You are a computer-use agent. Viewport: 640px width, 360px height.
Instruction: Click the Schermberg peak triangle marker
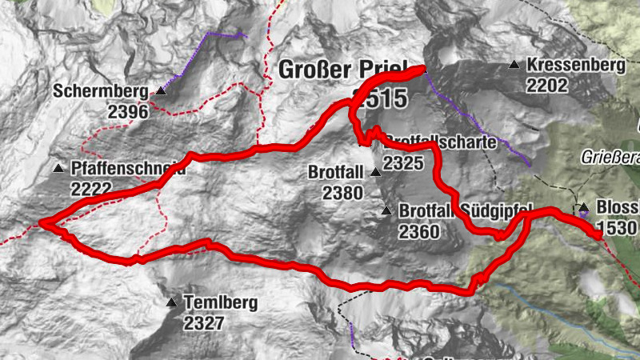160,91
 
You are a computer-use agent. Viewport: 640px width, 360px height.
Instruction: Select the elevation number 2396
128,112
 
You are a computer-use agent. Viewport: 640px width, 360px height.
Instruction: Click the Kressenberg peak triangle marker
514,65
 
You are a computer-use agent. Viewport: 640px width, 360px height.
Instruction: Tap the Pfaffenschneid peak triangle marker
59,169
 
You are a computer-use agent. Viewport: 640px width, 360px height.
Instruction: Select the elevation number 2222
92,190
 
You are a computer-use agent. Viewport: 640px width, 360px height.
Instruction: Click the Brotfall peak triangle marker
375,172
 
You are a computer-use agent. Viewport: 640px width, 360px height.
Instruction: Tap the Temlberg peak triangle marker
171,303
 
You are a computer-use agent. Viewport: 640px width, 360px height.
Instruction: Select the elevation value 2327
205,323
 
